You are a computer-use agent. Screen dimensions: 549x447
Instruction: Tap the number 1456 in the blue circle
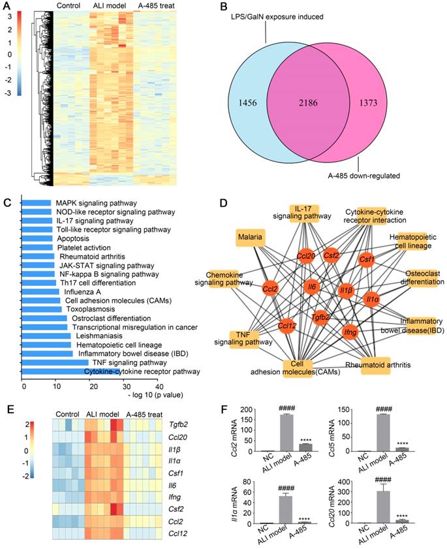click(x=252, y=103)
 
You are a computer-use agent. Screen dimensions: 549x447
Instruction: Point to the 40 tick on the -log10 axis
click(x=158, y=386)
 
